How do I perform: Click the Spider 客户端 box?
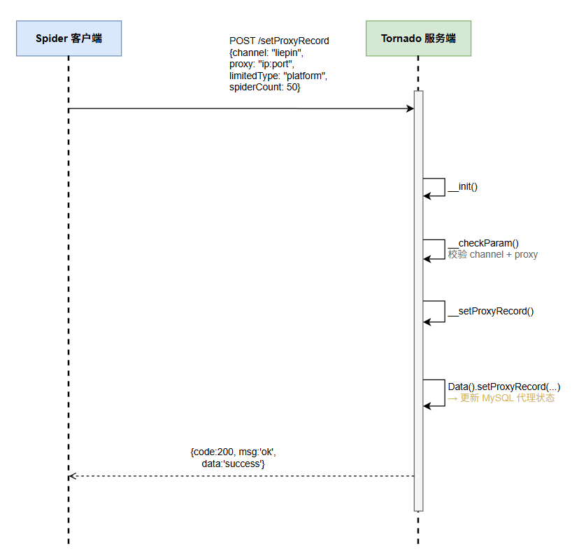click(69, 39)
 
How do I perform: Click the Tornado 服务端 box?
click(418, 39)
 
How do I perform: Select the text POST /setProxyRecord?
click(279, 41)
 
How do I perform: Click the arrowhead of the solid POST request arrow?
click(410, 109)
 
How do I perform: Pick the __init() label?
click(463, 187)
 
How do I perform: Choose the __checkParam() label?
click(483, 243)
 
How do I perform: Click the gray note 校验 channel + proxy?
click(493, 254)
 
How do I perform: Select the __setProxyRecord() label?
click(491, 312)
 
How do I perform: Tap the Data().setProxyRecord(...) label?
click(504, 387)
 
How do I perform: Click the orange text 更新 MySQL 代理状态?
click(508, 398)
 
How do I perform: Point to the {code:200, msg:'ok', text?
click(234, 452)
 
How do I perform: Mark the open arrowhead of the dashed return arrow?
click(73, 476)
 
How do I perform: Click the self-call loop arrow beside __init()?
click(445, 187)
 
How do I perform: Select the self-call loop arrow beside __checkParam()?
click(445, 249)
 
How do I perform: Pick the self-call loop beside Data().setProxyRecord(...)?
click(445, 393)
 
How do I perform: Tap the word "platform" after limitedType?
click(304, 76)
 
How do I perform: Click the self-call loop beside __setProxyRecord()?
click(445, 312)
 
